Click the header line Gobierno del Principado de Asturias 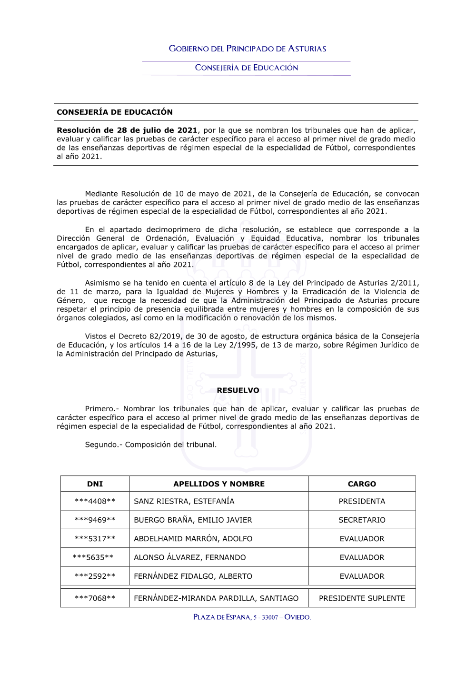click(x=248, y=49)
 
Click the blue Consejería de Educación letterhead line click(x=247, y=68)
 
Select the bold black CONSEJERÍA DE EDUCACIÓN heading click(x=115, y=112)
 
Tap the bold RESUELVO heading click(x=238, y=390)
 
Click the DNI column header click(x=95, y=484)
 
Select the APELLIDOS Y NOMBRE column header click(x=219, y=484)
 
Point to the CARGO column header click(x=362, y=484)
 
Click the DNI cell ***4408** click(x=95, y=501)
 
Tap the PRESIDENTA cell click(x=362, y=501)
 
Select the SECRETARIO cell click(x=362, y=520)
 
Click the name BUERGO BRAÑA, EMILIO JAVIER click(x=193, y=520)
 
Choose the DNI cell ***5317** click(x=95, y=539)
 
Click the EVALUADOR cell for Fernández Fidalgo click(x=362, y=576)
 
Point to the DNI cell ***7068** click(x=95, y=598)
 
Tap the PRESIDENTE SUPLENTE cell click(x=362, y=598)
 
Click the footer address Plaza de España click(x=252, y=617)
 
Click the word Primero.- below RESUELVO click(x=102, y=409)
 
